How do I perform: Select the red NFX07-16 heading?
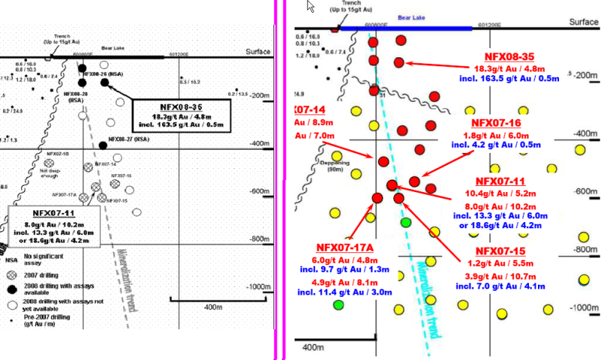496,123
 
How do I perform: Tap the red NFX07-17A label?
344,246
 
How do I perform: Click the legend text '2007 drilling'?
41,275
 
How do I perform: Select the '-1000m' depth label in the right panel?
583,309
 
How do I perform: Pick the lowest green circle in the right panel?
338,304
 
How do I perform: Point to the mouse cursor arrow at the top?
309,7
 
